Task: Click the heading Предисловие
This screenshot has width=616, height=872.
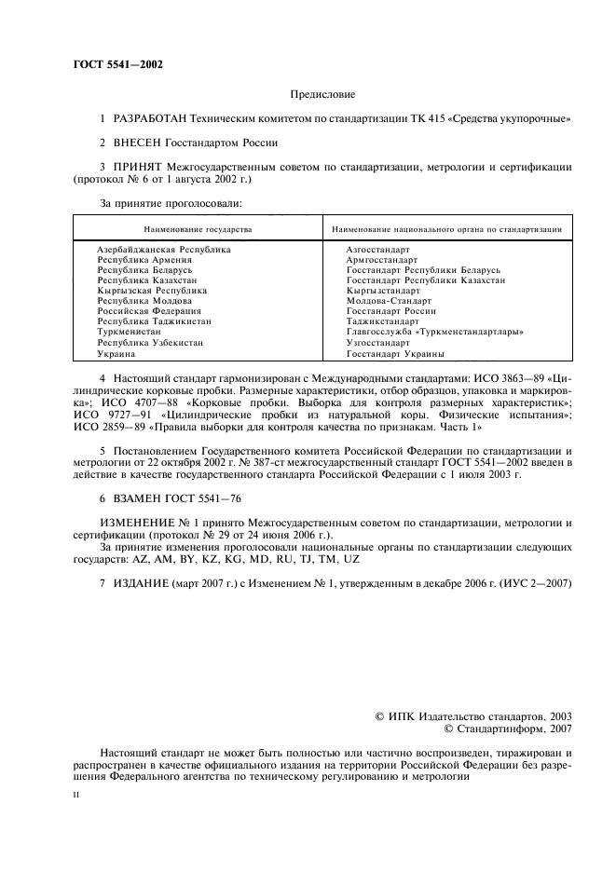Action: coord(323,94)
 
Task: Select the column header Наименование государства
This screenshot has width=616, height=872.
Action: coord(197,228)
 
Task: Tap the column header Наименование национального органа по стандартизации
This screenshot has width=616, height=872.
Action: coord(446,228)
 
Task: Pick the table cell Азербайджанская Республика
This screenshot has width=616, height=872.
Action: coord(164,250)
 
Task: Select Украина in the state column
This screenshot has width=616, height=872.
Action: coord(117,354)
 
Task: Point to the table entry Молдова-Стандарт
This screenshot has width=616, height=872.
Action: coord(389,301)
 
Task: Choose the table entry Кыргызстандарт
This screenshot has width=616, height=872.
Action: coord(383,291)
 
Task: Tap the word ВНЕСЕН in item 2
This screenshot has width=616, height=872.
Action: coord(138,143)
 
